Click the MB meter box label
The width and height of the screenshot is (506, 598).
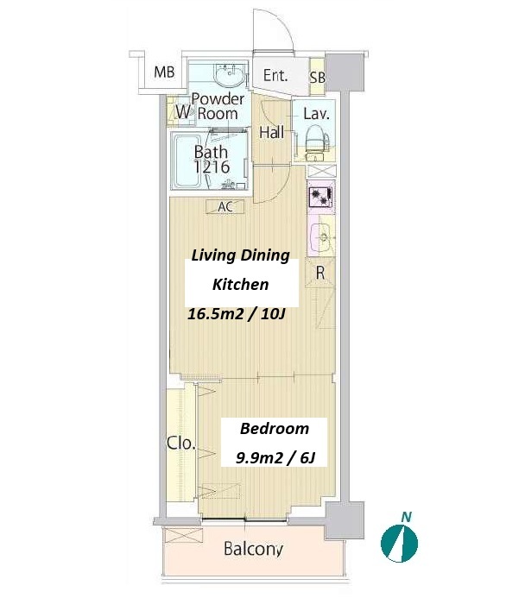(x=164, y=72)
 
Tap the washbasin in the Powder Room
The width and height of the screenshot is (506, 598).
(x=229, y=75)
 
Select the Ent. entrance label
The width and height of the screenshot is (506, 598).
(x=275, y=76)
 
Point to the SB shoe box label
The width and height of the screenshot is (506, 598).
(x=317, y=78)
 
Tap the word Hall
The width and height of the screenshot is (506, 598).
(x=272, y=132)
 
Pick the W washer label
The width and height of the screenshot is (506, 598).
(x=184, y=112)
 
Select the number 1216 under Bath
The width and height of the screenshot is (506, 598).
(x=212, y=167)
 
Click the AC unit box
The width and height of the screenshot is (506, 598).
(x=225, y=207)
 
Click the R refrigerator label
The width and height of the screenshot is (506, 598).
(x=320, y=273)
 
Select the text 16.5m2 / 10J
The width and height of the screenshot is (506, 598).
(x=237, y=314)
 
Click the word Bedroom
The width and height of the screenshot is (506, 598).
(x=275, y=429)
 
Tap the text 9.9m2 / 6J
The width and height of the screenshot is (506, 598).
(x=275, y=457)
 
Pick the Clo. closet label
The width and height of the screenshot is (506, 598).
(x=181, y=444)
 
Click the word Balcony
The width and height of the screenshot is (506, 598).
(x=253, y=549)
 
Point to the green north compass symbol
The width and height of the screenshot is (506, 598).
(x=399, y=543)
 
